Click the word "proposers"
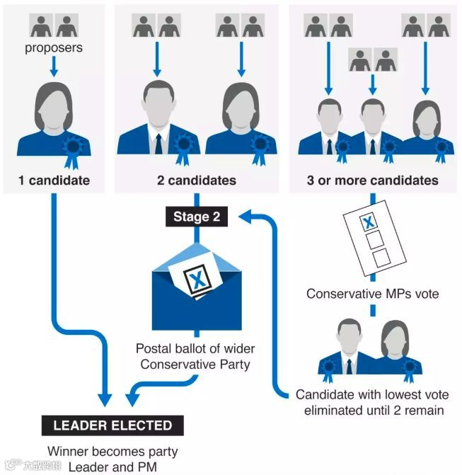(54, 48)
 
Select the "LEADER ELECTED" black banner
(113, 425)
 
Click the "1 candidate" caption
(54, 180)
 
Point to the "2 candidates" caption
(196, 180)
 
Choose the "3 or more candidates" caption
(372, 180)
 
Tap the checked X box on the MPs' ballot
(369, 223)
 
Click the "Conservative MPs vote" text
(372, 293)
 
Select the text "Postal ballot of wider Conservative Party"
(196, 356)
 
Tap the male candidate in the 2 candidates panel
(158, 120)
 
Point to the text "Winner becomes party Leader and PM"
(112, 458)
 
